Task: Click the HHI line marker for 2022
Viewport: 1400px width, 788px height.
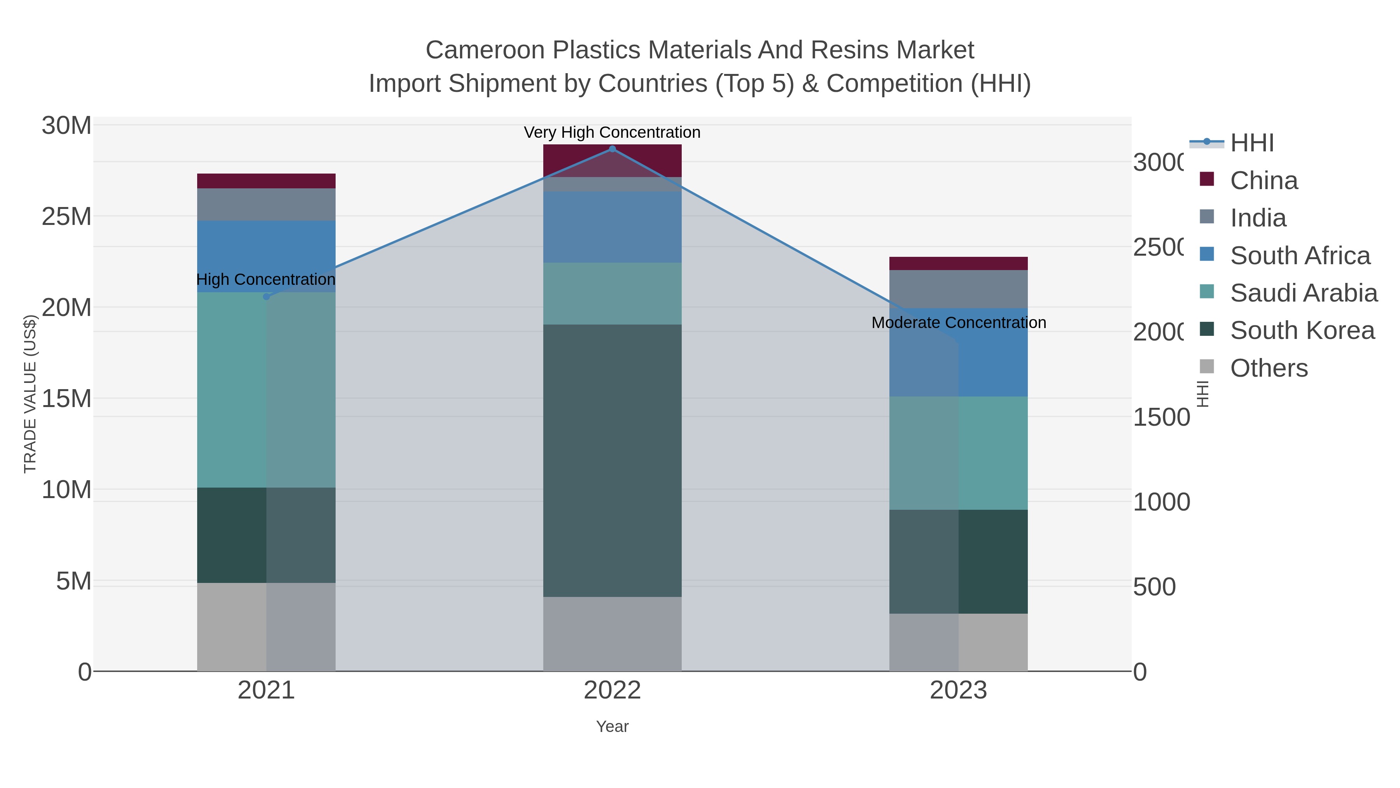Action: click(612, 149)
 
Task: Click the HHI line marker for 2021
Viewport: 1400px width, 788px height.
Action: click(266, 297)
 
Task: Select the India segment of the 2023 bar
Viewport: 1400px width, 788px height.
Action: click(958, 289)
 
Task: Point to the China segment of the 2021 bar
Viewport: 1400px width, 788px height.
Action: click(266, 181)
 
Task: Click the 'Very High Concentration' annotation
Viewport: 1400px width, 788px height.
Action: click(612, 132)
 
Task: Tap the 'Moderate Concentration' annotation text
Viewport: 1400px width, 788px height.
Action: click(958, 323)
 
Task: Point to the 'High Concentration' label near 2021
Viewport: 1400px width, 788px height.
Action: click(266, 279)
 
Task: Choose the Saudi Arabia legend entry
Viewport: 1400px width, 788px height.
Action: click(1303, 293)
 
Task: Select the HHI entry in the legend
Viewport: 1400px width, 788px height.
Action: click(1251, 143)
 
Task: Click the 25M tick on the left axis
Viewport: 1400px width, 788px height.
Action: click(66, 216)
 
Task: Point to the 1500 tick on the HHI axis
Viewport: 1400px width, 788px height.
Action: click(1161, 417)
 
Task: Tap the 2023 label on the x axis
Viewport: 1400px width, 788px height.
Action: click(958, 690)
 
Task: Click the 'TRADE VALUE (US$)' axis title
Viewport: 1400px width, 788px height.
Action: click(30, 394)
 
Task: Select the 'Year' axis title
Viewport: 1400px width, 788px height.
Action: click(612, 727)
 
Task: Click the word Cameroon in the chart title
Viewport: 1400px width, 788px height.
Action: click(485, 50)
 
